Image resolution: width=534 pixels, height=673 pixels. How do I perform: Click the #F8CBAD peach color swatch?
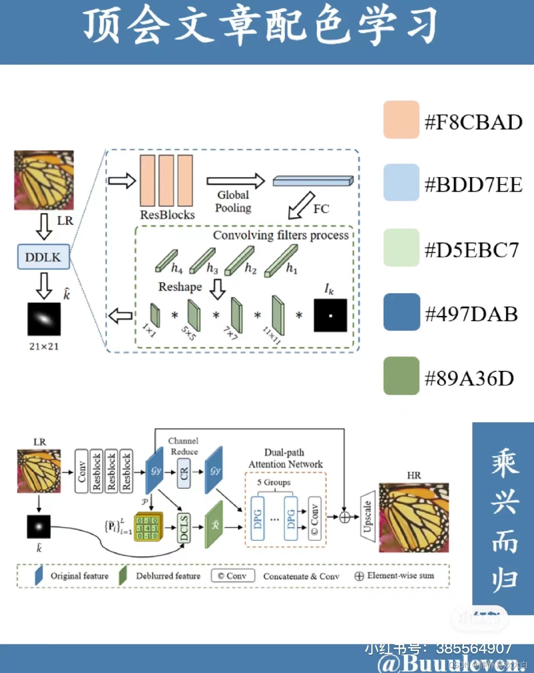point(401,119)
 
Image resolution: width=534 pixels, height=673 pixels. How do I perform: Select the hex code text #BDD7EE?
point(473,185)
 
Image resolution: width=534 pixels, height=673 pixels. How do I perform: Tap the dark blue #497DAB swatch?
point(401,312)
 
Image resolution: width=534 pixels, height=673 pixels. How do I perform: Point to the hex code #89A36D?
point(469,378)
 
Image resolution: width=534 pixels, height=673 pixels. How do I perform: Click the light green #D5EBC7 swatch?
point(401,247)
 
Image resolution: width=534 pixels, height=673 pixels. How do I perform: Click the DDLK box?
point(43,257)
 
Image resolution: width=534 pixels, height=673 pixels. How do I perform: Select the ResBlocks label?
point(167,215)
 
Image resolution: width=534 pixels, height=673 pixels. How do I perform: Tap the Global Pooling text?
point(233,201)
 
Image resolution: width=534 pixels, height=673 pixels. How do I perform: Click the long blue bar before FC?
point(313,181)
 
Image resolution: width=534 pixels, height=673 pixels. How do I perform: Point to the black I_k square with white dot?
point(330,315)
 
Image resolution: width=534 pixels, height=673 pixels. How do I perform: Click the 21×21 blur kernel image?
point(44,319)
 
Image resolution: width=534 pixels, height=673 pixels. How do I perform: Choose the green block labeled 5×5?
point(194,315)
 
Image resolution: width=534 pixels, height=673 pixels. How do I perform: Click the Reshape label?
point(180,287)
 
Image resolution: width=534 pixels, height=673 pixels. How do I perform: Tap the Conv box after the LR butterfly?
point(81,471)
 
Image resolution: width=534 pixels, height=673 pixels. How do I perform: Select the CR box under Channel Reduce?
point(184,473)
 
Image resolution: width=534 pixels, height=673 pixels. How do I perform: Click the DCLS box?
point(184,527)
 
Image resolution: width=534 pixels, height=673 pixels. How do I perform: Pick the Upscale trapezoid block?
point(368,516)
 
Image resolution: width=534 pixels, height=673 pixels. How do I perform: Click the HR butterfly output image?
point(413,517)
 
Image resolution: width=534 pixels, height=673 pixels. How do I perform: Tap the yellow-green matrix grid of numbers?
point(148,527)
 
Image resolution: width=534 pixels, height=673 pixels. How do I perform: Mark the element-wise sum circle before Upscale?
point(345,517)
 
